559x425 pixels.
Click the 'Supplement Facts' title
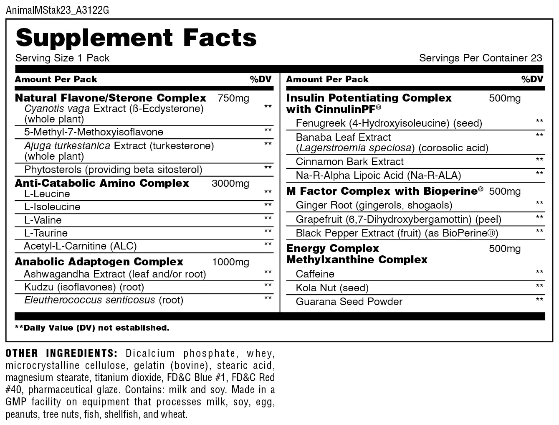click(x=136, y=38)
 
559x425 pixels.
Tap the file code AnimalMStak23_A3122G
click(x=58, y=10)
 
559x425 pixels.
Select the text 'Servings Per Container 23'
click(x=481, y=58)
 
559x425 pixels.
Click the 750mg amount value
click(x=233, y=99)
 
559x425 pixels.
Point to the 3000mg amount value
click(x=230, y=183)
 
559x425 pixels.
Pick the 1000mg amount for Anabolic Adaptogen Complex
click(x=230, y=262)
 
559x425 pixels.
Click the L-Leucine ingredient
click(x=47, y=194)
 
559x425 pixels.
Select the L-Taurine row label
click(x=46, y=233)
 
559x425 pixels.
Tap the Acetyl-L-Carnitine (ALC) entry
click(x=80, y=246)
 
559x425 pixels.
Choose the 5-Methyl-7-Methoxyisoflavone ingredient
click(x=94, y=132)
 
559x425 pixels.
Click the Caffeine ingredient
click(x=315, y=274)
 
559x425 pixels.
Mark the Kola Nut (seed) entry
click(x=332, y=288)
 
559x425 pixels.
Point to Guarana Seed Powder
click(x=349, y=302)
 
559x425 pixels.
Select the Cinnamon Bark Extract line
click(x=349, y=162)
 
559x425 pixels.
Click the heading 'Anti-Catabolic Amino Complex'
click(x=102, y=183)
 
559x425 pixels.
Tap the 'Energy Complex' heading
click(x=332, y=248)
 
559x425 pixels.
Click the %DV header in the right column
click(x=532, y=79)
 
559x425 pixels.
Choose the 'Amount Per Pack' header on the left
click(x=56, y=79)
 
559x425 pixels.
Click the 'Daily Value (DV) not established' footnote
click(x=92, y=328)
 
